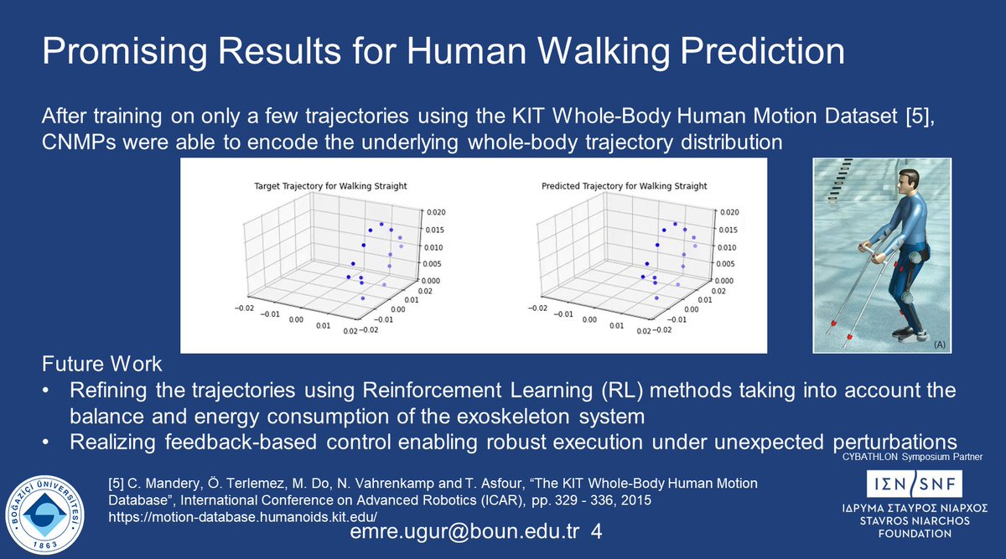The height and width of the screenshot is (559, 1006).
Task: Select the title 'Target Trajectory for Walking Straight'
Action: [324, 185]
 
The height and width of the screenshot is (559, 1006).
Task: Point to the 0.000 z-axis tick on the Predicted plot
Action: [723, 281]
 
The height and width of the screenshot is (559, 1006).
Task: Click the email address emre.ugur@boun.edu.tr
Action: [464, 533]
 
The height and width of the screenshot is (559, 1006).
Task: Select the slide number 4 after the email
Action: [595, 533]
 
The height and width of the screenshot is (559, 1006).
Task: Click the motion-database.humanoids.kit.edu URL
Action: [243, 515]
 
